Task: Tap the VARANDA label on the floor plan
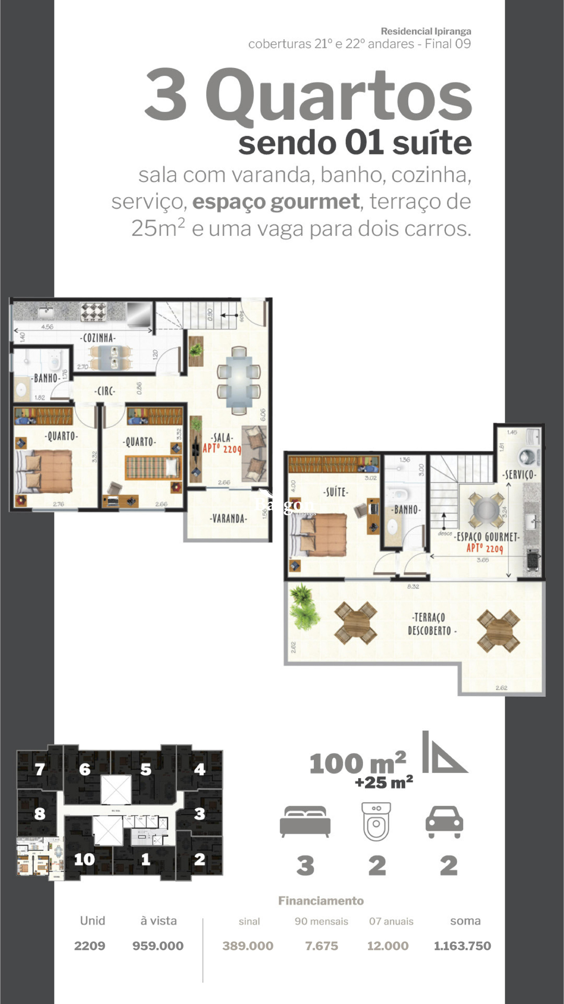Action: pyautogui.click(x=228, y=518)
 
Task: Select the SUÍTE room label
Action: pyautogui.click(x=335, y=492)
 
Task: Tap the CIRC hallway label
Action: pyautogui.click(x=105, y=391)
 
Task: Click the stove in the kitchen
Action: pyautogui.click(x=93, y=312)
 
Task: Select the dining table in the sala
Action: pyautogui.click(x=239, y=380)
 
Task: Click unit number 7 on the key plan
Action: pyautogui.click(x=40, y=769)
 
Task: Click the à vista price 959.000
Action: pyautogui.click(x=158, y=945)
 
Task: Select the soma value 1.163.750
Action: pyautogui.click(x=462, y=945)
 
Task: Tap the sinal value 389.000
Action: pyautogui.click(x=248, y=945)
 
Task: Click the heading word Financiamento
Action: pyautogui.click(x=321, y=901)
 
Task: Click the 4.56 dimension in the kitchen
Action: pyautogui.click(x=47, y=327)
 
